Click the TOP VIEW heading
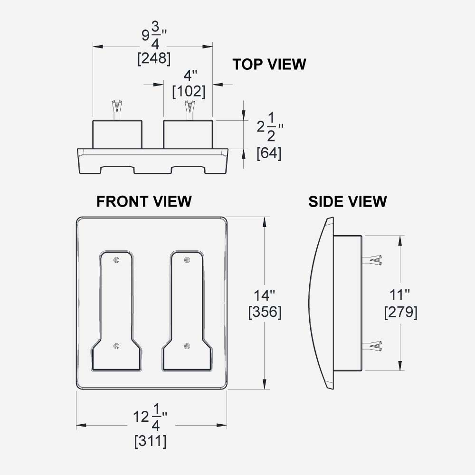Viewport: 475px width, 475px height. [269, 65]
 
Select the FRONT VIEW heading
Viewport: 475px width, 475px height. [144, 201]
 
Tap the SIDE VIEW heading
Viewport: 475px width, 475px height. [348, 201]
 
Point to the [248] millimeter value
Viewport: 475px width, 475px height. [153, 59]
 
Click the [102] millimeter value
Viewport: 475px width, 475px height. [189, 92]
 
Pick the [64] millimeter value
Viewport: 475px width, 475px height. [269, 153]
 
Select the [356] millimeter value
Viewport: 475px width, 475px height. [265, 312]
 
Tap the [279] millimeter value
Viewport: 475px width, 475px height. [400, 312]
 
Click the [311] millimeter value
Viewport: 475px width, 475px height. [150, 441]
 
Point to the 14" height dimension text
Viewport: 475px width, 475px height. [265, 295]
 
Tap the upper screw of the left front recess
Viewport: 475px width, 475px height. [117, 260]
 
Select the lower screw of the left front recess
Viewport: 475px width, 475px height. [117, 346]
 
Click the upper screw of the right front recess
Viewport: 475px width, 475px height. [187, 260]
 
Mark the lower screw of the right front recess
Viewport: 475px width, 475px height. [187, 346]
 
